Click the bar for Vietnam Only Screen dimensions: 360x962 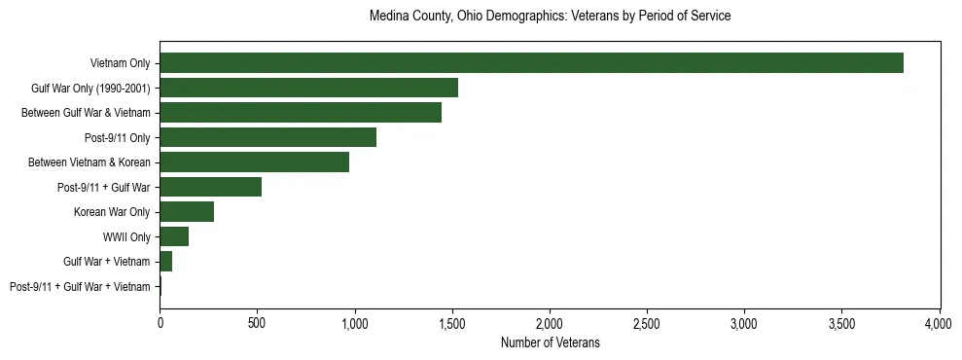531,63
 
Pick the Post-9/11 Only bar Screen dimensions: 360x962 267,137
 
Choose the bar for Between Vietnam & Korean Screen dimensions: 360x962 254,162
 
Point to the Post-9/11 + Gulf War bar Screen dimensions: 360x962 210,187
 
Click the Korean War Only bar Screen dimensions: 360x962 187,212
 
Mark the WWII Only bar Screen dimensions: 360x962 174,236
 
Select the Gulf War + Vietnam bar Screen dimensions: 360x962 165,262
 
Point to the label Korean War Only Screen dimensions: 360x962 112,212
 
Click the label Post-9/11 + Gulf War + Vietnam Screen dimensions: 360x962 80,287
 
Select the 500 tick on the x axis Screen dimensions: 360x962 257,321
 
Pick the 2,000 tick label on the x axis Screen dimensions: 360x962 550,321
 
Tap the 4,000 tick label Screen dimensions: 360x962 939,321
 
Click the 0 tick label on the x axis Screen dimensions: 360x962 160,321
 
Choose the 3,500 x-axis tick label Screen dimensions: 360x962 841,321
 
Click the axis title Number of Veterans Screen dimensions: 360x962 550,342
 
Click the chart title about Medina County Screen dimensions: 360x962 550,17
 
